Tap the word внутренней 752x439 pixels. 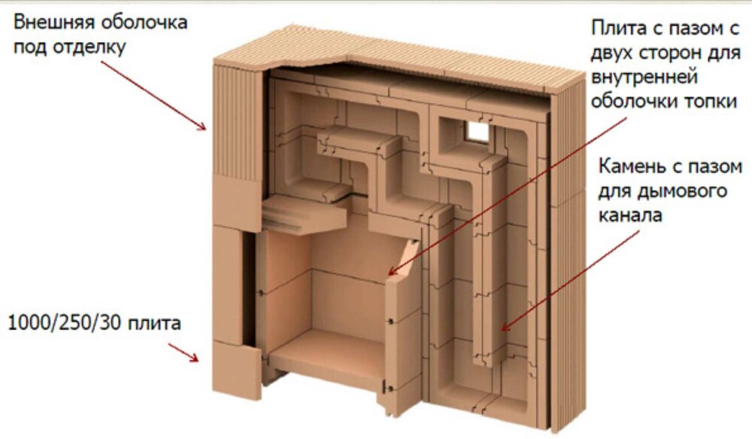point(644,78)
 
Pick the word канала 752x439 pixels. point(630,215)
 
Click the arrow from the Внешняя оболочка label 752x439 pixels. point(153,96)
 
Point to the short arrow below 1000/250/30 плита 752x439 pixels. point(183,352)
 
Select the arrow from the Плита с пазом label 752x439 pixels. point(508,197)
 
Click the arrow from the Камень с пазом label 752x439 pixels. point(570,281)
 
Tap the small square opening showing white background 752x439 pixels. point(476,130)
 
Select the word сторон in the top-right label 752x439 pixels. point(666,53)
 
